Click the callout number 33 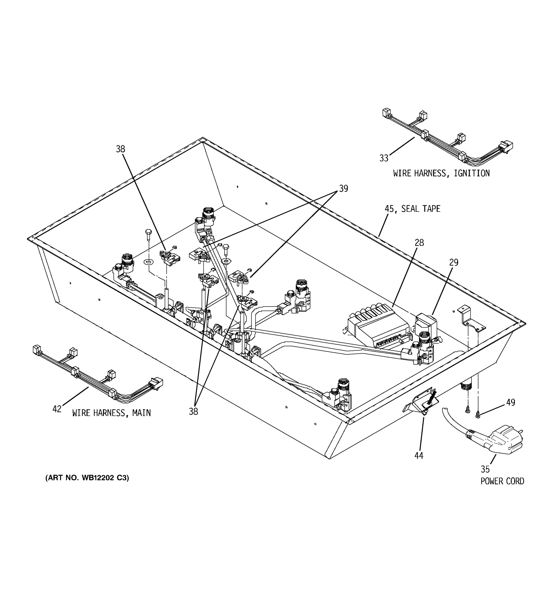point(384,158)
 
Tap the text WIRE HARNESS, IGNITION point(441,173)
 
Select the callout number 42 point(57,409)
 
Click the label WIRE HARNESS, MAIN point(112,413)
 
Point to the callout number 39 point(343,188)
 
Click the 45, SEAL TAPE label point(412,209)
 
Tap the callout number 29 point(454,263)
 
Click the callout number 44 point(419,456)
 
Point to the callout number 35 point(485,469)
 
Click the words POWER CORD point(502,481)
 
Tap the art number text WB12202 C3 point(87,478)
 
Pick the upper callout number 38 point(120,149)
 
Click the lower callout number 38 point(193,412)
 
